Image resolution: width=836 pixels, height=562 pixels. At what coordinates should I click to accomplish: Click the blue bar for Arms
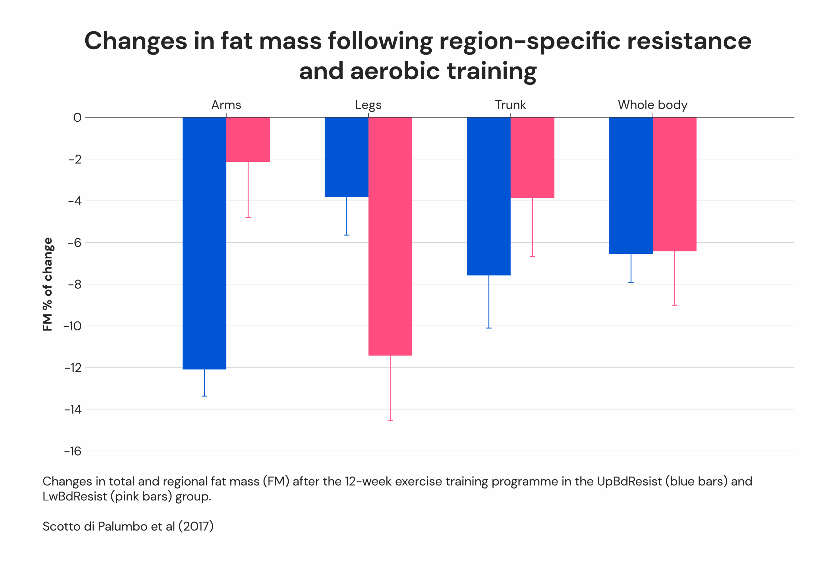tap(204, 243)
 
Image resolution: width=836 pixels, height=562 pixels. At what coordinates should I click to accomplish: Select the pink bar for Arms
tap(248, 139)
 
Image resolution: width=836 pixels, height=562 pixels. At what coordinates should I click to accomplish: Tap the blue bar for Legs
tap(346, 157)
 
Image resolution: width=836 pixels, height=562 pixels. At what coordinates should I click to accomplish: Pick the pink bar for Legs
tap(390, 236)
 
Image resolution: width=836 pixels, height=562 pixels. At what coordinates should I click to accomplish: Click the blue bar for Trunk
tap(488, 196)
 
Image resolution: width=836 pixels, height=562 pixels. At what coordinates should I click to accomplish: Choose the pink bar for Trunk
tap(532, 157)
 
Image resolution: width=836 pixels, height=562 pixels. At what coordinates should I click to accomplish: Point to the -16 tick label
tap(73, 451)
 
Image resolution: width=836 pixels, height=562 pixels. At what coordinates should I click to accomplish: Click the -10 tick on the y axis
tap(72, 326)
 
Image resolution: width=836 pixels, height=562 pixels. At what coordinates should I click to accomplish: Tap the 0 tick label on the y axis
tap(77, 117)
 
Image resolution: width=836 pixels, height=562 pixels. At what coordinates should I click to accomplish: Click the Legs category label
tap(368, 105)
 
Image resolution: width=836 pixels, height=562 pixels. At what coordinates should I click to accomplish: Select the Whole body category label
tap(652, 105)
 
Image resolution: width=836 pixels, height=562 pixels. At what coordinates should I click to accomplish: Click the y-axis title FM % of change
tap(47, 284)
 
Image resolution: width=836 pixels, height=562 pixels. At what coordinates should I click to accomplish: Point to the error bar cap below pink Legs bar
tap(390, 420)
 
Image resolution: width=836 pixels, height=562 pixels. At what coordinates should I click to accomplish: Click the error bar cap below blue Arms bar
tap(204, 396)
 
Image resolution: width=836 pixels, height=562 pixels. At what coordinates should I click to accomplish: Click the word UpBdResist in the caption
tap(629, 481)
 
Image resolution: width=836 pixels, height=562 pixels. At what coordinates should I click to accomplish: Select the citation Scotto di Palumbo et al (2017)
tap(128, 526)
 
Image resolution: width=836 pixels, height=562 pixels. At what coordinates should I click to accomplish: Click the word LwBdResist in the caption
tap(75, 496)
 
